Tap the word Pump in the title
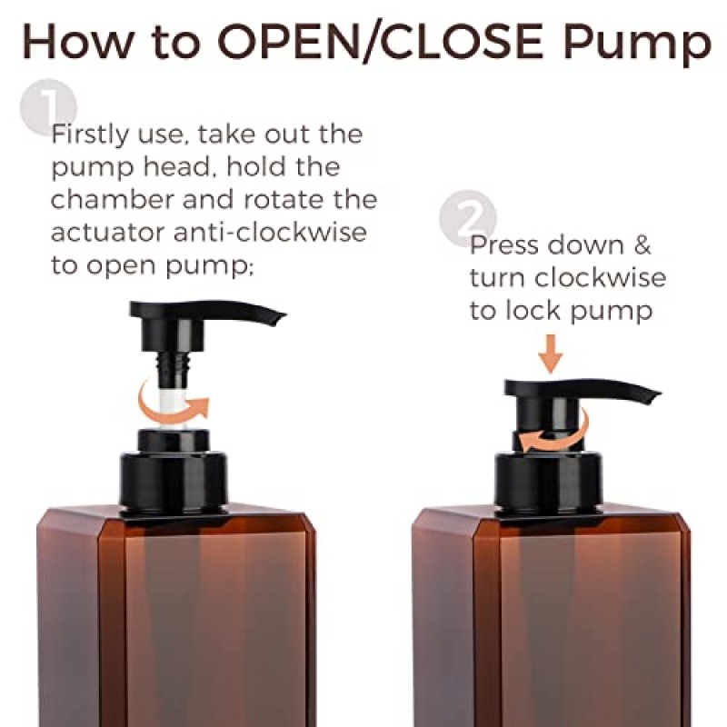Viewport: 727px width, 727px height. click(637, 45)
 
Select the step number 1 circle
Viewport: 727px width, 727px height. click(48, 107)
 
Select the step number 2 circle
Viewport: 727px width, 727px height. click(468, 218)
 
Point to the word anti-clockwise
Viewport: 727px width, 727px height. click(270, 232)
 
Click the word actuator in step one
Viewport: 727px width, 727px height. click(107, 233)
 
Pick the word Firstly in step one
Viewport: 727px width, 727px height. click(89, 135)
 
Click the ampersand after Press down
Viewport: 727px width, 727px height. click(642, 245)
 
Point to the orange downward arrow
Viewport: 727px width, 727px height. click(551, 354)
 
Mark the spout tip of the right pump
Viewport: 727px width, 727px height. click(655, 397)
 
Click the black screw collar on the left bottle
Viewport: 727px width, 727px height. click(174, 483)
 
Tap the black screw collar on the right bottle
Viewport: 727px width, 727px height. click(549, 483)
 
